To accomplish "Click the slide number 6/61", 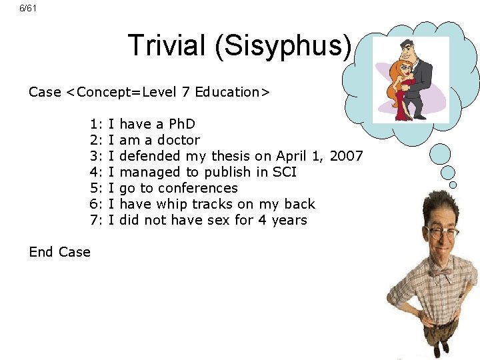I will (x=27, y=8).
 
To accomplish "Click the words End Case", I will (x=59, y=252).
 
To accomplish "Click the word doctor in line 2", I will (x=178, y=140).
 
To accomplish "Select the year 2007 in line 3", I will (x=347, y=156).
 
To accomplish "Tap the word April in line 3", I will (x=291, y=156).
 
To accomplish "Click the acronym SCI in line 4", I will (x=284, y=172).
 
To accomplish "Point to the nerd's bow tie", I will (x=441, y=273).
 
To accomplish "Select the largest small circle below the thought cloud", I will (x=441, y=155).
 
